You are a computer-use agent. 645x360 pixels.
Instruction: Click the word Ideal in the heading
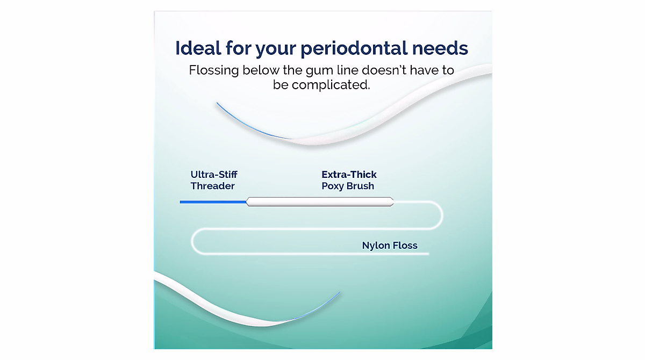coord(197,48)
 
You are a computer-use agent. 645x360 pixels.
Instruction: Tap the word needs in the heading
coord(439,48)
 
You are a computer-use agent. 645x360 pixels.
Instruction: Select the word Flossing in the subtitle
coord(213,70)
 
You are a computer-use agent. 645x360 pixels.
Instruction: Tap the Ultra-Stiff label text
coord(213,175)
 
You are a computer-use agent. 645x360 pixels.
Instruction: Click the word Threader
coord(212,186)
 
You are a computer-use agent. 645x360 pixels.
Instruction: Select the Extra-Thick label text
coord(349,175)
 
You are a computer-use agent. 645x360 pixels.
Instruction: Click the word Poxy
coord(334,186)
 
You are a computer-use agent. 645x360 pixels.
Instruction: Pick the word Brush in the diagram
coord(361,186)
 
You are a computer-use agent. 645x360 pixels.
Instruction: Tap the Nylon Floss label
coord(390,246)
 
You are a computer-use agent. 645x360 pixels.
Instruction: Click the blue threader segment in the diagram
coord(212,202)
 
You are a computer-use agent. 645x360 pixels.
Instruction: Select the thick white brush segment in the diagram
coord(320,202)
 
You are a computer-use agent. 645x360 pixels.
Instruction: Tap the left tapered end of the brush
coord(249,202)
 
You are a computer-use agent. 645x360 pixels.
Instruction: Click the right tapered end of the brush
coord(391,202)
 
